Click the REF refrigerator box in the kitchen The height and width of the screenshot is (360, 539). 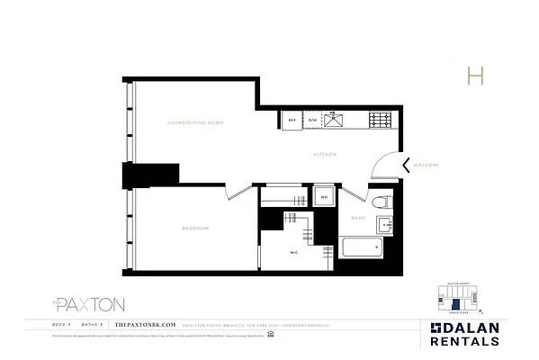point(292,120)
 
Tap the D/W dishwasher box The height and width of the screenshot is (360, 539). point(312,120)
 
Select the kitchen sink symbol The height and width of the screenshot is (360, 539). point(336,120)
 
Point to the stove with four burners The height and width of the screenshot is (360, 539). point(378,120)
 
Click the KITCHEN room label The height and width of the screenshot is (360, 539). point(325,155)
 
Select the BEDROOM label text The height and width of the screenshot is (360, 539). point(195,229)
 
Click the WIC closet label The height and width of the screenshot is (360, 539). point(293,253)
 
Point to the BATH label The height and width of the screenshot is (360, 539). point(358,219)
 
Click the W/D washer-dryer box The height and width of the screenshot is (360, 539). point(324,196)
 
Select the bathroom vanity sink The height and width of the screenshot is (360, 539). point(384,225)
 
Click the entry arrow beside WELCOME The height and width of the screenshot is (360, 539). point(407,165)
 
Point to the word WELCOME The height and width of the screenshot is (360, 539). point(427,165)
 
